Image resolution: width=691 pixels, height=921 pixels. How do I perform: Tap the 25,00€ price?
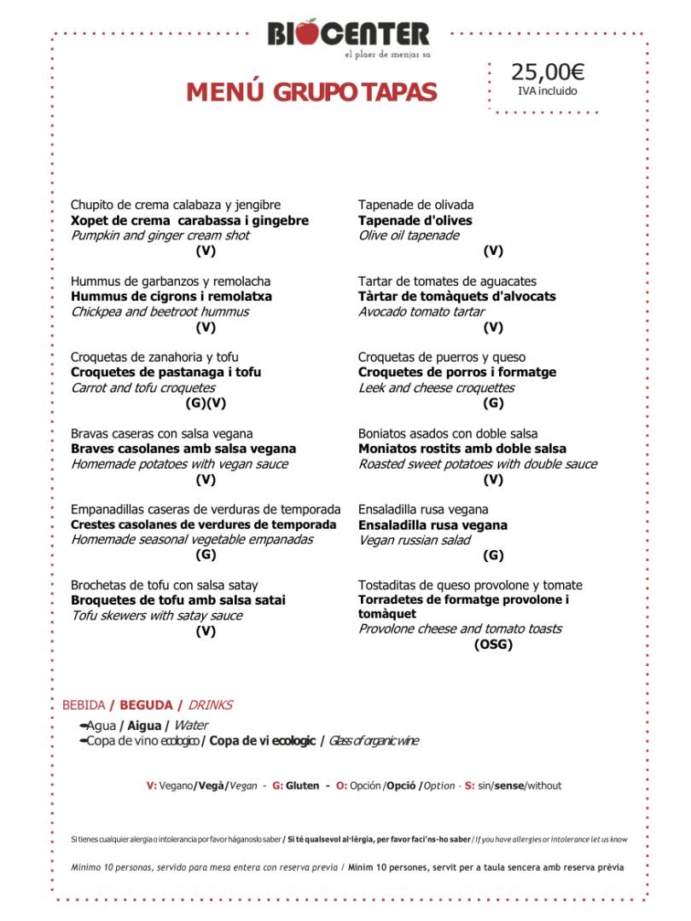click(548, 72)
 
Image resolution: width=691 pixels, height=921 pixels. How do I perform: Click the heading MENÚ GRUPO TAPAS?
click(311, 92)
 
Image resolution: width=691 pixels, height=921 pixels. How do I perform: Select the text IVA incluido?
click(548, 91)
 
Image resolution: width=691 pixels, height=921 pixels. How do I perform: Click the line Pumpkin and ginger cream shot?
click(160, 236)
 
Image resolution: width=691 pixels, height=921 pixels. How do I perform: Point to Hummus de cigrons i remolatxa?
click(171, 297)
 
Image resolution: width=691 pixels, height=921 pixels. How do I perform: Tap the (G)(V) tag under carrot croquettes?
click(206, 403)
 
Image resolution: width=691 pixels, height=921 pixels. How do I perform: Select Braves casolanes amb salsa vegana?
click(183, 449)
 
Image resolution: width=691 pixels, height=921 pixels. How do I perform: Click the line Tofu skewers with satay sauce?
click(157, 616)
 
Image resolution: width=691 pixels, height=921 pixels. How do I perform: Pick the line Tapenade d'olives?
click(415, 221)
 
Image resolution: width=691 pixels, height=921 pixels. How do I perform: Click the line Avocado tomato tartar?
click(421, 312)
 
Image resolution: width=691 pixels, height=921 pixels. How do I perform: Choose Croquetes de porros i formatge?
click(457, 373)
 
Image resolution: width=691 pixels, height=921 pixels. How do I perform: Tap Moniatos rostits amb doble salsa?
click(462, 449)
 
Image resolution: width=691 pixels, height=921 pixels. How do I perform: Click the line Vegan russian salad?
click(414, 541)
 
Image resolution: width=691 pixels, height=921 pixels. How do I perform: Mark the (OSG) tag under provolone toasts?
click(493, 645)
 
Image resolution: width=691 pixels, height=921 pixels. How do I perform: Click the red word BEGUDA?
click(146, 705)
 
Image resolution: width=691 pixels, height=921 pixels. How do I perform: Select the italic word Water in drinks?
click(191, 726)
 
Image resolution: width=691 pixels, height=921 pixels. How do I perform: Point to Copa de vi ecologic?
click(263, 741)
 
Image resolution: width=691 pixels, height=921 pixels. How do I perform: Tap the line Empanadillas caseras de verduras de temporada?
click(206, 510)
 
